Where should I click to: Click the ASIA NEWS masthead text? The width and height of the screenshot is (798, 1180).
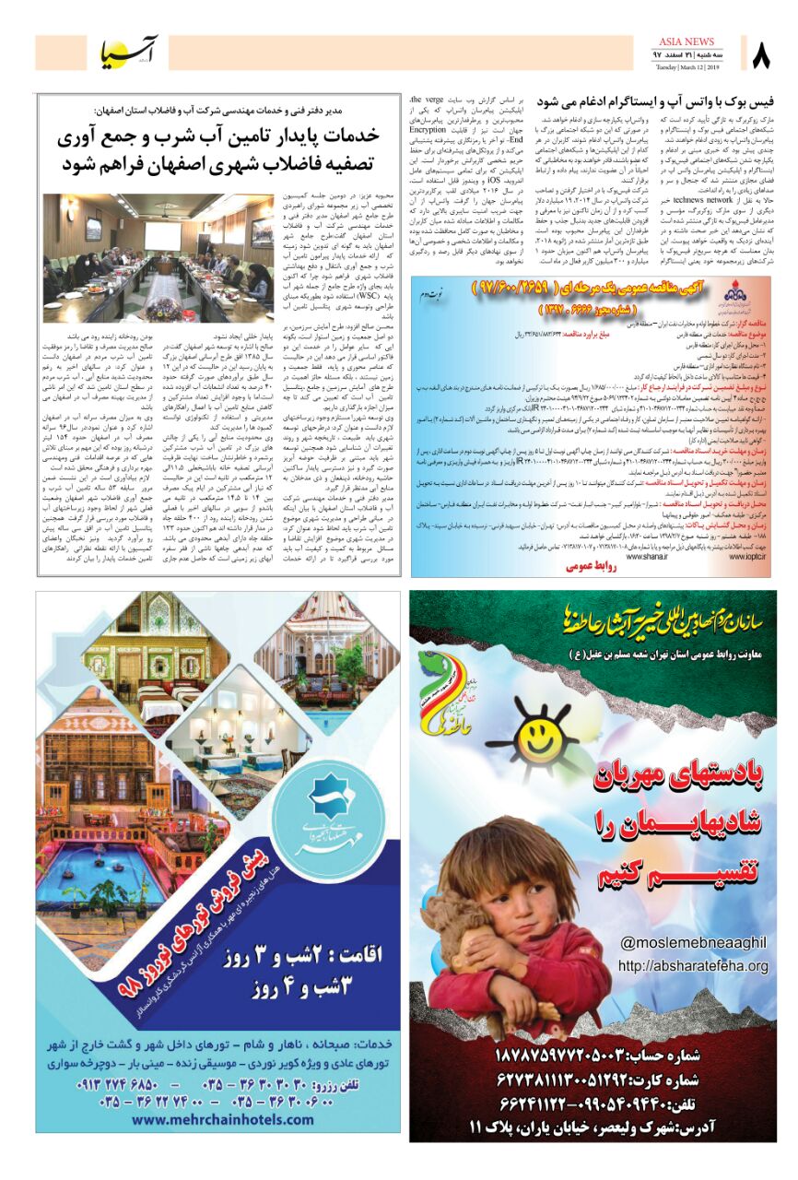687,41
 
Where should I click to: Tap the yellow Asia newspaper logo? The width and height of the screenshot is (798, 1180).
129,54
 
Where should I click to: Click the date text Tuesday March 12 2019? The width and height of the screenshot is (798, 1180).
687,67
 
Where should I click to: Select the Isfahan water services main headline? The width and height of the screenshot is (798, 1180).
219,150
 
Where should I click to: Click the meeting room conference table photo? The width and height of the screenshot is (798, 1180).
158,257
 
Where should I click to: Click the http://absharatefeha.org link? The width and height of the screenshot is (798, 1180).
693,966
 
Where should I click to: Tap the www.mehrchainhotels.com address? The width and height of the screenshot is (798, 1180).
218,1119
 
